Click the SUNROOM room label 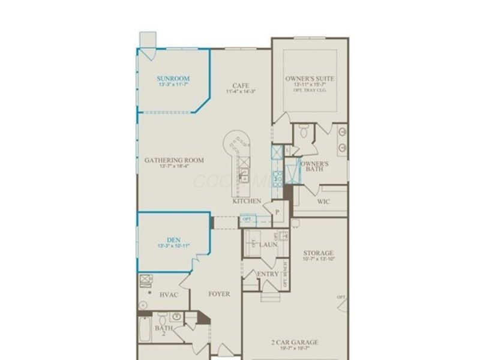(x=173, y=79)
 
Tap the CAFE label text (x=241, y=86)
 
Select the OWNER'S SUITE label (x=310, y=79)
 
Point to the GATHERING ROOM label (x=174, y=160)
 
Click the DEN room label (x=173, y=240)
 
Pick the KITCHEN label (x=247, y=201)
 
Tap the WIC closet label (x=323, y=202)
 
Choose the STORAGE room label (x=318, y=253)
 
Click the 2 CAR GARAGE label (x=294, y=343)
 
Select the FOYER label (x=219, y=294)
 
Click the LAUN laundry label (x=268, y=245)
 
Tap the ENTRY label (x=267, y=274)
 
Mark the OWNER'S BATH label (x=314, y=166)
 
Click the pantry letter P (x=277, y=212)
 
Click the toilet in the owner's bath (x=304, y=131)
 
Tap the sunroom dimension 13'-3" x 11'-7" (x=173, y=86)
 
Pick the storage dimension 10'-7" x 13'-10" (x=318, y=259)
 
